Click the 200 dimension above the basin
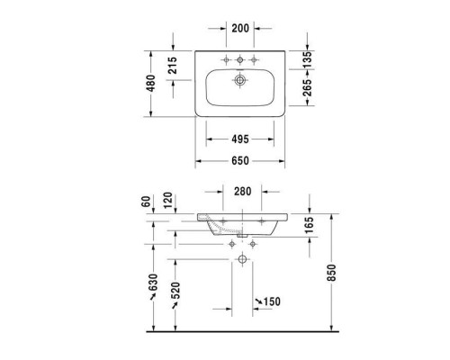[239, 28]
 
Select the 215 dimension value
[172, 65]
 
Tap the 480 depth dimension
[152, 83]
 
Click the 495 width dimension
[239, 139]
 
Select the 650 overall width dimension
[239, 161]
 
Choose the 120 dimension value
[167, 200]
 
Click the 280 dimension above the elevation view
[242, 192]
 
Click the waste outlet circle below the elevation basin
[242, 259]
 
